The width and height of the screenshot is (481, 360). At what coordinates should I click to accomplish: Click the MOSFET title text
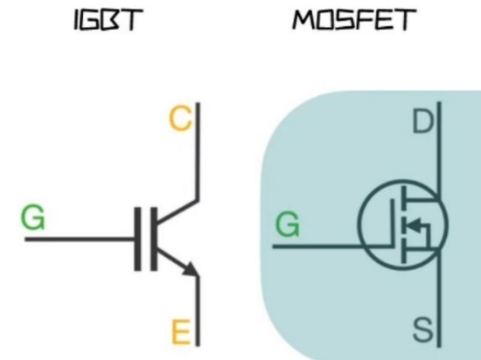[x=354, y=19]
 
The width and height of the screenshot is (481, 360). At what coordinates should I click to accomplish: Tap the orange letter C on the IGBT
[x=181, y=119]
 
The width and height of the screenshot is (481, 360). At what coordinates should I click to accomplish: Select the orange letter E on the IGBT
[x=181, y=331]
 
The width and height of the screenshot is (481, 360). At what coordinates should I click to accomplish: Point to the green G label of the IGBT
[x=33, y=217]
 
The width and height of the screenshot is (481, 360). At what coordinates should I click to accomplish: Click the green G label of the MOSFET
[x=288, y=225]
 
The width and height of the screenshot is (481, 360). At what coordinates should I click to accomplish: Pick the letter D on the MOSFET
[x=423, y=121]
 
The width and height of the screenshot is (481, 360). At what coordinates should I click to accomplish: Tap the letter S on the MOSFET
[x=423, y=329]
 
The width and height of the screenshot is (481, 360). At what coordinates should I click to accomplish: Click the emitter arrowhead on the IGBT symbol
[x=190, y=270]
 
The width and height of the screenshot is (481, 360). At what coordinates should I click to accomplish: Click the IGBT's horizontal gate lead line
[x=80, y=239]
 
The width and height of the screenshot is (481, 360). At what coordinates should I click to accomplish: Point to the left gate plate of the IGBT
[x=137, y=239]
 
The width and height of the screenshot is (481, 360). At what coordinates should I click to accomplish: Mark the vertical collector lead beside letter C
[x=198, y=152]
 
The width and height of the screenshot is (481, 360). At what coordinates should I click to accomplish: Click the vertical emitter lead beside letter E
[x=198, y=311]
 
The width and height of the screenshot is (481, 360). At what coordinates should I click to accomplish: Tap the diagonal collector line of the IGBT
[x=178, y=212]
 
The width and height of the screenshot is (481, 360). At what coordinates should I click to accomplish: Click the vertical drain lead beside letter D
[x=439, y=150]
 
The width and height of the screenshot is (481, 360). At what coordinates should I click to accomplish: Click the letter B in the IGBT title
[x=109, y=20]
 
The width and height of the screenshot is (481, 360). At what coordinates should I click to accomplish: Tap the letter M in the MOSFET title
[x=303, y=19]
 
